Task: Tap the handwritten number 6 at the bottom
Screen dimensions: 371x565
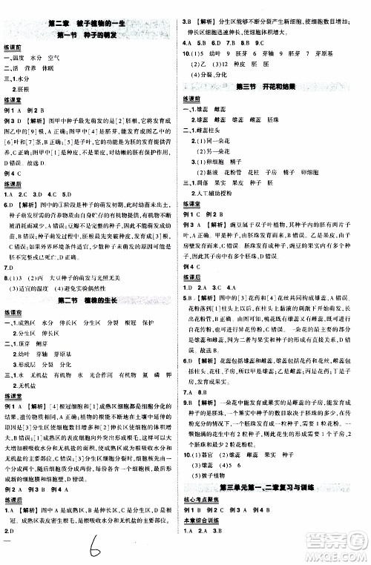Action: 96,549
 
